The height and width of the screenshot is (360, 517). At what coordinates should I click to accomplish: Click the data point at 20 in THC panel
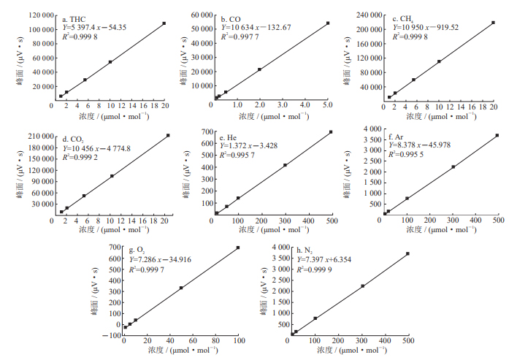(164, 23)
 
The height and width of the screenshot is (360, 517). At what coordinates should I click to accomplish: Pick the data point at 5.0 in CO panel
(328, 23)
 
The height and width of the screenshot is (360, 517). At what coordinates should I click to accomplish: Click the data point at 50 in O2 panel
(181, 288)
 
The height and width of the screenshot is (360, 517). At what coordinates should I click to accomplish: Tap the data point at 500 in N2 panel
(407, 253)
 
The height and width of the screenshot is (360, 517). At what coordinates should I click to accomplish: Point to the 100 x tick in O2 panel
(238, 341)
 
